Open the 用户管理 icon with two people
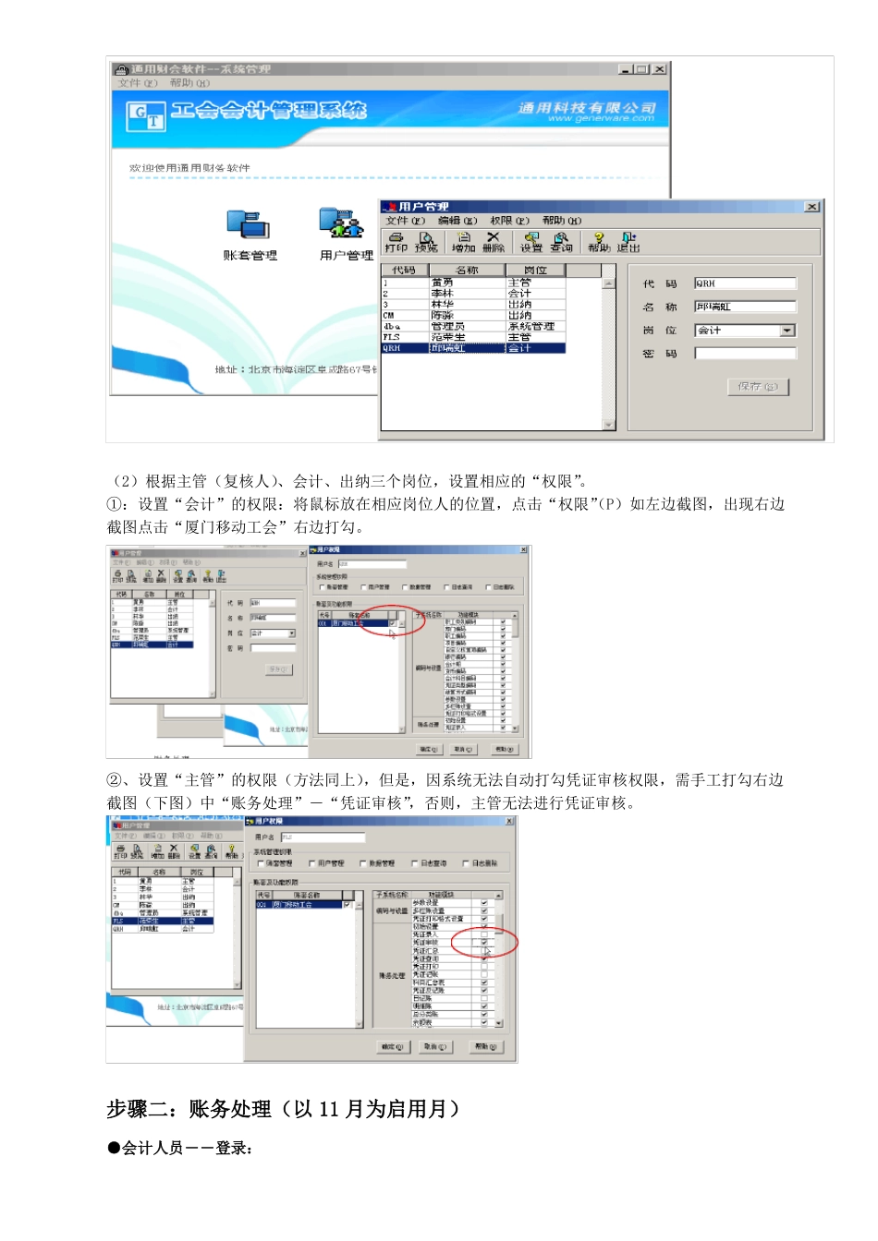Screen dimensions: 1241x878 click(x=342, y=223)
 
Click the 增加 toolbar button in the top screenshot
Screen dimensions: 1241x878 click(x=464, y=241)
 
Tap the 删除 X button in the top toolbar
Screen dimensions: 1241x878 click(x=494, y=241)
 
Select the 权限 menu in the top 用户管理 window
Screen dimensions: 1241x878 click(x=509, y=221)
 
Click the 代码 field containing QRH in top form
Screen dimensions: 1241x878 click(x=745, y=283)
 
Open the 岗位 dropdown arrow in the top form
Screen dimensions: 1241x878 click(x=787, y=331)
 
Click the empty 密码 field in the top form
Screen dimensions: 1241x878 click(x=745, y=354)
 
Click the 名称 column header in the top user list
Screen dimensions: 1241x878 click(x=468, y=271)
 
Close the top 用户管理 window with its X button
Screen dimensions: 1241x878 click(x=811, y=207)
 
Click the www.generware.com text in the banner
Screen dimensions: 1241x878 click(x=601, y=118)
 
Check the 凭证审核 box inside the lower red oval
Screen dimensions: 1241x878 click(x=484, y=943)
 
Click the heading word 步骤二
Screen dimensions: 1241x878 click(x=142, y=1109)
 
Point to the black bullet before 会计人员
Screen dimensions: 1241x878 click(x=114, y=1148)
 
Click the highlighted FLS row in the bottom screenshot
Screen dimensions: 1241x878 click(x=162, y=921)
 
